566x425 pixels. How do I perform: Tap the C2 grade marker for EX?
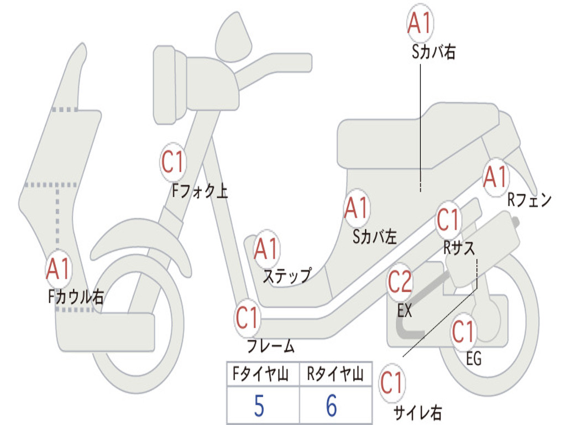click(x=400, y=283)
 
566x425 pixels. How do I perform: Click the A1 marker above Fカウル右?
click(x=58, y=269)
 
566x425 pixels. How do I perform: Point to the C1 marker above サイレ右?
click(x=392, y=382)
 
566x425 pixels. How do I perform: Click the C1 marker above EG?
click(x=463, y=332)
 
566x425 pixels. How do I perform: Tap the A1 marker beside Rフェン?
click(x=495, y=177)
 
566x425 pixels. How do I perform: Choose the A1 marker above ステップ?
click(x=266, y=249)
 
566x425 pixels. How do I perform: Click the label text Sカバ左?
click(x=375, y=237)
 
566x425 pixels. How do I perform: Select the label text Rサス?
click(x=459, y=248)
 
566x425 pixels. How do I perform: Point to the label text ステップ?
click(x=286, y=275)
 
